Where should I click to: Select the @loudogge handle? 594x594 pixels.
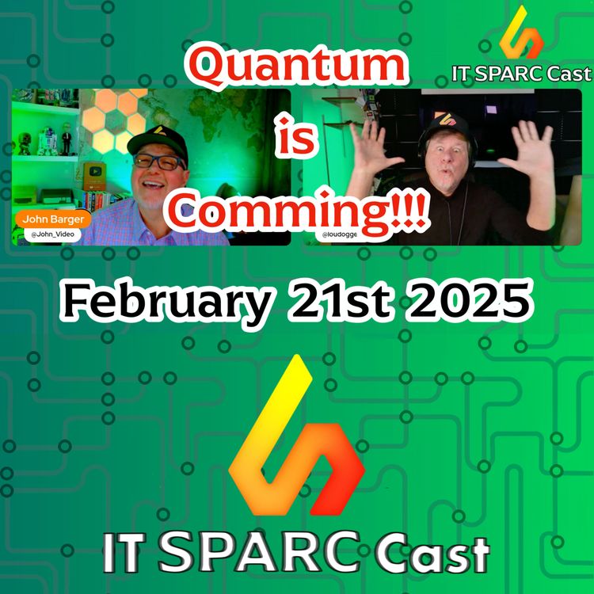[x=341, y=236]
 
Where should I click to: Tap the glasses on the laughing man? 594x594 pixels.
[x=157, y=162]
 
